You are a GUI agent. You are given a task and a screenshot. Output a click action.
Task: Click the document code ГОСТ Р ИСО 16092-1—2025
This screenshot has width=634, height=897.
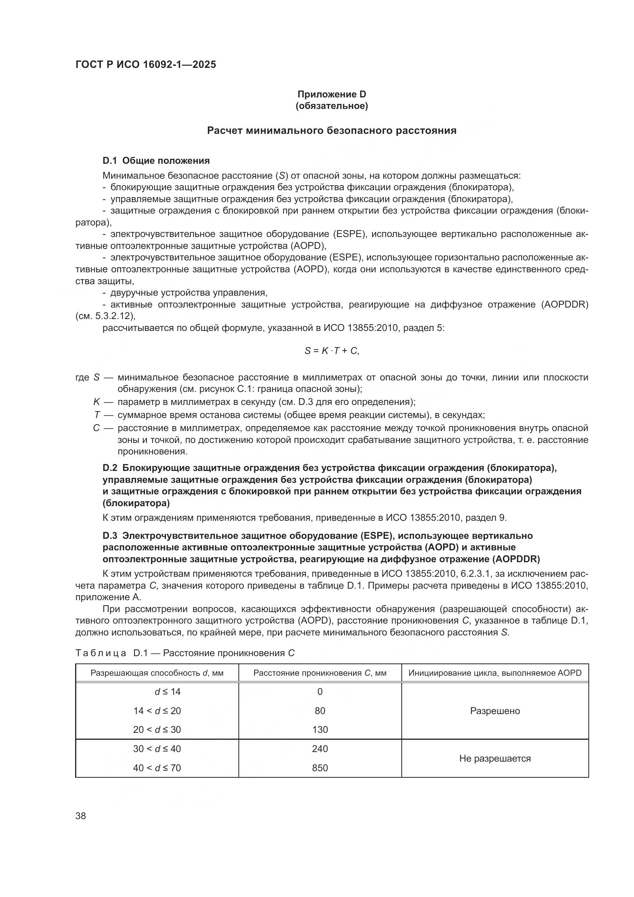click(146, 64)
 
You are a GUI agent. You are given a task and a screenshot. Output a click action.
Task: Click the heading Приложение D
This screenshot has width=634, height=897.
click(332, 94)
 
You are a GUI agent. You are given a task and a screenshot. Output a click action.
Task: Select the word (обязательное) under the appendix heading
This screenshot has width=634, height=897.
click(332, 106)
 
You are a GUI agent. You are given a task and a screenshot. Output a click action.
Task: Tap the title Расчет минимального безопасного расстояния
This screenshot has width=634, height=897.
click(332, 130)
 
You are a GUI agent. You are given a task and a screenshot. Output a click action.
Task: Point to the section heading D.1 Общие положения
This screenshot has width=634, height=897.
click(156, 161)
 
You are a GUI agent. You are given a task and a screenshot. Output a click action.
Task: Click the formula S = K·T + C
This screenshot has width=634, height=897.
click(332, 351)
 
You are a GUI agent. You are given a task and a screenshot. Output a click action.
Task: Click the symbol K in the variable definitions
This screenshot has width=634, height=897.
click(97, 402)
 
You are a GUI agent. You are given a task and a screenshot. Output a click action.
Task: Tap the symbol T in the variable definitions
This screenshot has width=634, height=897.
click(97, 415)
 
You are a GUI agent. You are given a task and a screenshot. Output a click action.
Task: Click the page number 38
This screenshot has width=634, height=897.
click(81, 816)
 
